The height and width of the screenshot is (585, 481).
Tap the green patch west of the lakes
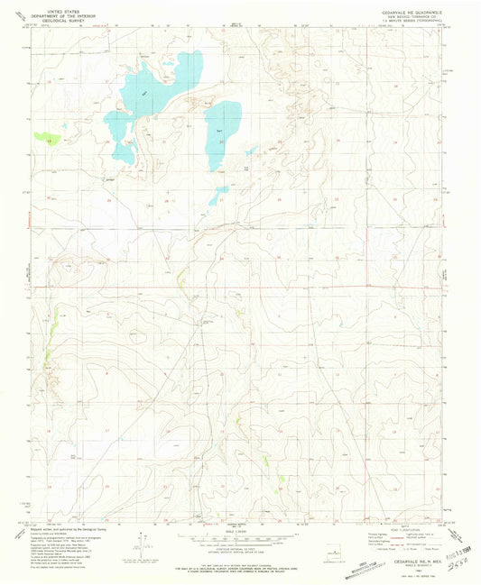(44, 137)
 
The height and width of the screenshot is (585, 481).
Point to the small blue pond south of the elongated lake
(219, 195)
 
